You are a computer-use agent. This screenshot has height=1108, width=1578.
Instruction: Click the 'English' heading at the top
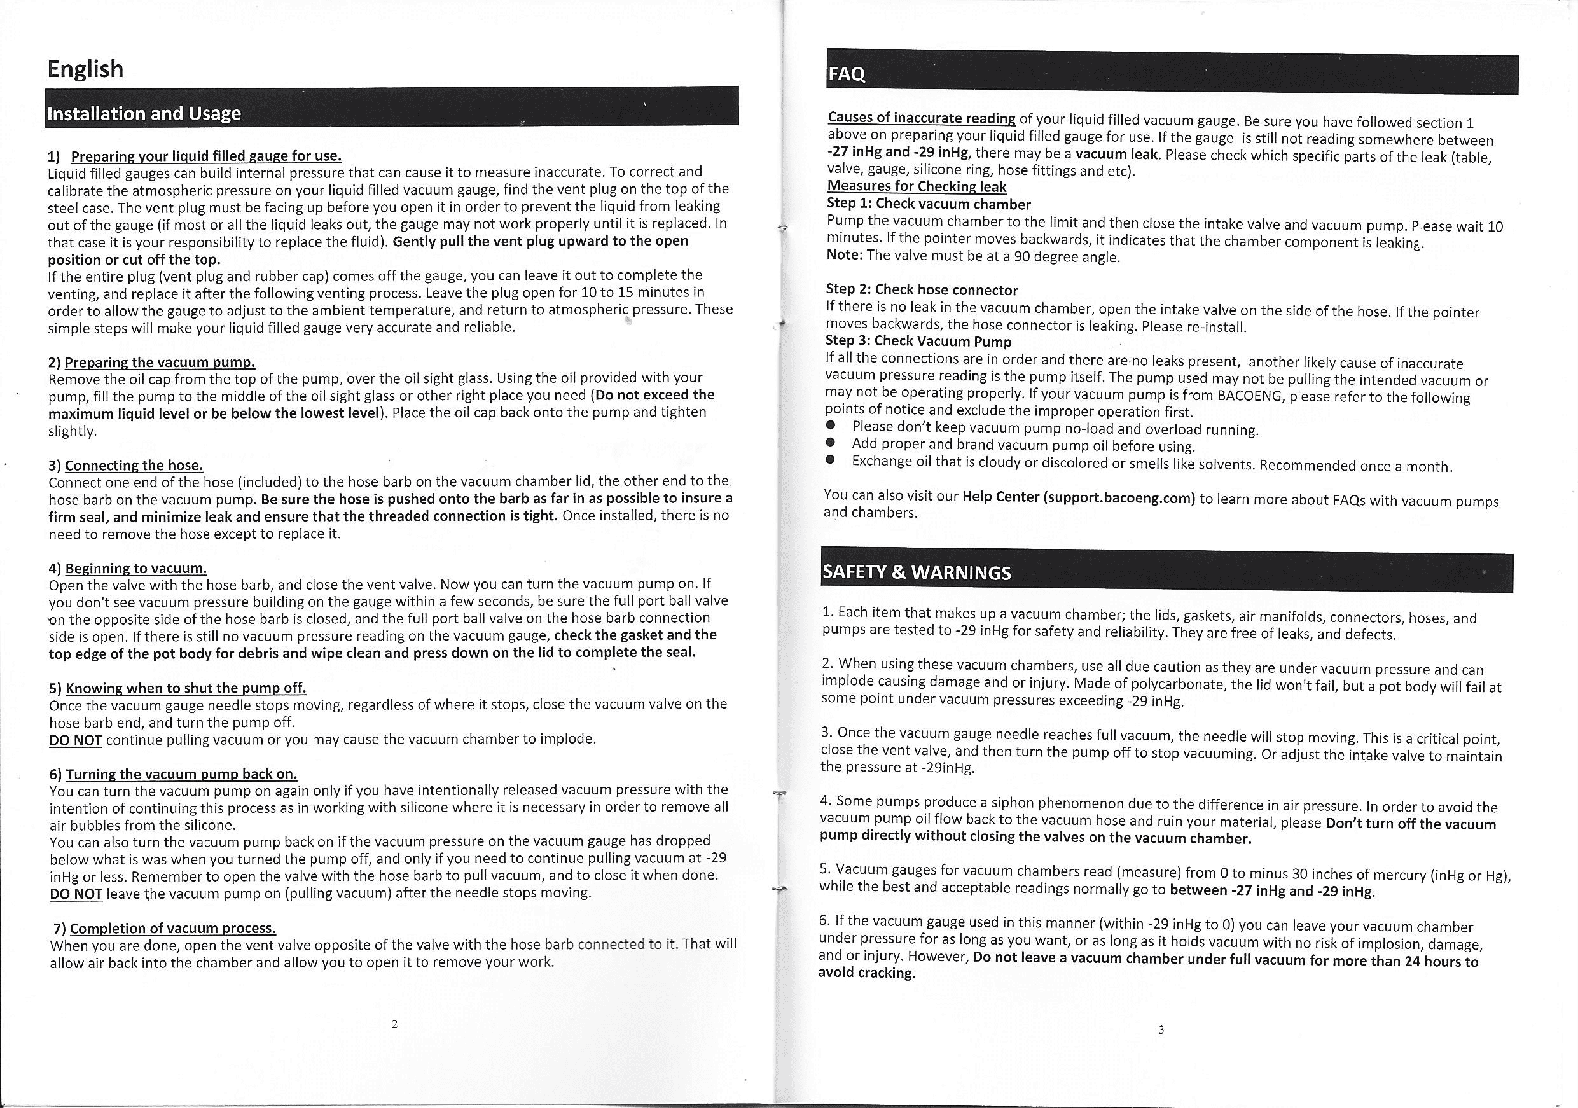coord(85,69)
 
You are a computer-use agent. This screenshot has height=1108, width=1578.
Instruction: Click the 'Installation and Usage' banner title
coord(144,113)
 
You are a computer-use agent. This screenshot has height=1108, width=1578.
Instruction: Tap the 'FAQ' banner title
coord(847,74)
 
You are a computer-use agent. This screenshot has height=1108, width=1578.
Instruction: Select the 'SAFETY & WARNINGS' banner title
coord(917,572)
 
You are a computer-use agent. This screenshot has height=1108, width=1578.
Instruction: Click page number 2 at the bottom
coord(394,1024)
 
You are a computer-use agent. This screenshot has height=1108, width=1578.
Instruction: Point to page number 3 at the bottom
coord(1161,1030)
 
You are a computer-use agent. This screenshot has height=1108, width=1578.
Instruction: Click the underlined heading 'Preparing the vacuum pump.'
coord(160,361)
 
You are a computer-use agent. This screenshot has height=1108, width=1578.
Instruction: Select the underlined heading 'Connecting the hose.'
coord(134,466)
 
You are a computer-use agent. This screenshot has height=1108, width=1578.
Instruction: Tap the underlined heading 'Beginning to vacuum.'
coord(136,569)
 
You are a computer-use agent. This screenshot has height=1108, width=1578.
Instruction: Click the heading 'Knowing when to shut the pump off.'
coord(186,688)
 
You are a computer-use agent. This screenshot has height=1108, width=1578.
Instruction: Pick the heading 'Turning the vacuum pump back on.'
coord(181,774)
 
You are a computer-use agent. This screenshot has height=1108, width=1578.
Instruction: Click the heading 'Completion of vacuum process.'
coord(173,928)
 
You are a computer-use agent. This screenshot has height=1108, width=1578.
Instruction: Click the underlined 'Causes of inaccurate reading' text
coord(921,118)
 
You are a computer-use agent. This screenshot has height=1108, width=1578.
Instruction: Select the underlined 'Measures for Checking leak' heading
coord(916,186)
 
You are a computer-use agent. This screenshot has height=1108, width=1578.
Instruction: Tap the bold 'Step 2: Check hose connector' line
coord(921,289)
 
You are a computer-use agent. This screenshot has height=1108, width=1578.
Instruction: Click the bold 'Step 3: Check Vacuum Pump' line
coord(918,341)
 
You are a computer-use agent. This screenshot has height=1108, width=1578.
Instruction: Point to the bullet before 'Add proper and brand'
coord(830,443)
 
